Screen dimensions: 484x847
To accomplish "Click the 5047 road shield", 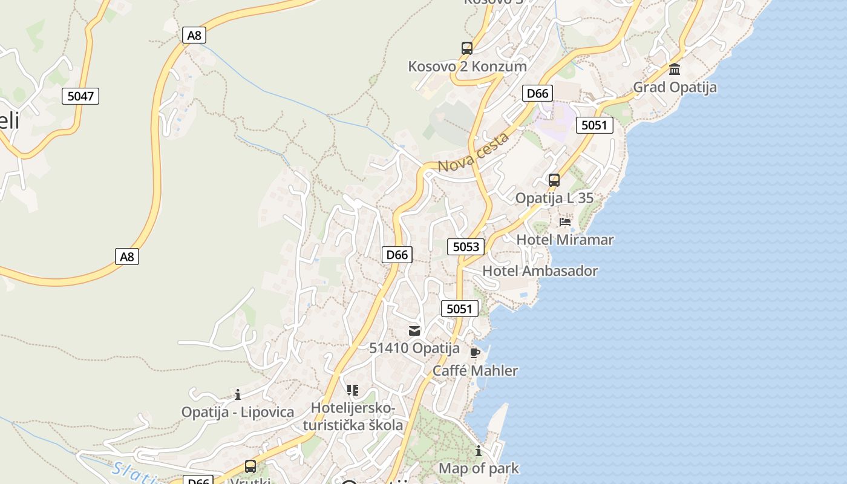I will tap(80, 96).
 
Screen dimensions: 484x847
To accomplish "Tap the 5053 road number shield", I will tap(466, 246).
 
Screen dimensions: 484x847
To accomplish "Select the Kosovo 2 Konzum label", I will tap(467, 66).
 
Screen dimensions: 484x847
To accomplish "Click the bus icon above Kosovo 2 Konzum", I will tap(466, 48).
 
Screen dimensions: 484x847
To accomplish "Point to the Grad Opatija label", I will tap(675, 87).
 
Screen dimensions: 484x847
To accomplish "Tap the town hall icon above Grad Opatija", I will tap(675, 69).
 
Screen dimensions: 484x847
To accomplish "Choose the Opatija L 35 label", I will tap(554, 198).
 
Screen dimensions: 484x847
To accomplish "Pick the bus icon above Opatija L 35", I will tap(554, 180).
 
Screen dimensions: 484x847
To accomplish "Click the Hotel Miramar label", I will tap(565, 240).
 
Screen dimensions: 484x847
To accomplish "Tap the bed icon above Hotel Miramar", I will tap(565, 222).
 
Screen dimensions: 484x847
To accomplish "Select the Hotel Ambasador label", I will tap(540, 270).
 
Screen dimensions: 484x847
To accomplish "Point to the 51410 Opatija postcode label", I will tap(414, 348).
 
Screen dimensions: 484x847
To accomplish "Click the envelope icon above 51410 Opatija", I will tap(414, 330).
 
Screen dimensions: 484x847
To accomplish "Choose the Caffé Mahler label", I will tap(475, 370).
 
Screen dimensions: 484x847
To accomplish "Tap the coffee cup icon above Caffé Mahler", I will tap(475, 353).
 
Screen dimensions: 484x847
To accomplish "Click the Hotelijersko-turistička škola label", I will tap(353, 416).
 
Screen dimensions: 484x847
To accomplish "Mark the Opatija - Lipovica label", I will tap(238, 412).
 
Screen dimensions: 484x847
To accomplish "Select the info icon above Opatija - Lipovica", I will tap(238, 394).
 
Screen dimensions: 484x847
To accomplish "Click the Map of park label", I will tap(479, 468).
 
